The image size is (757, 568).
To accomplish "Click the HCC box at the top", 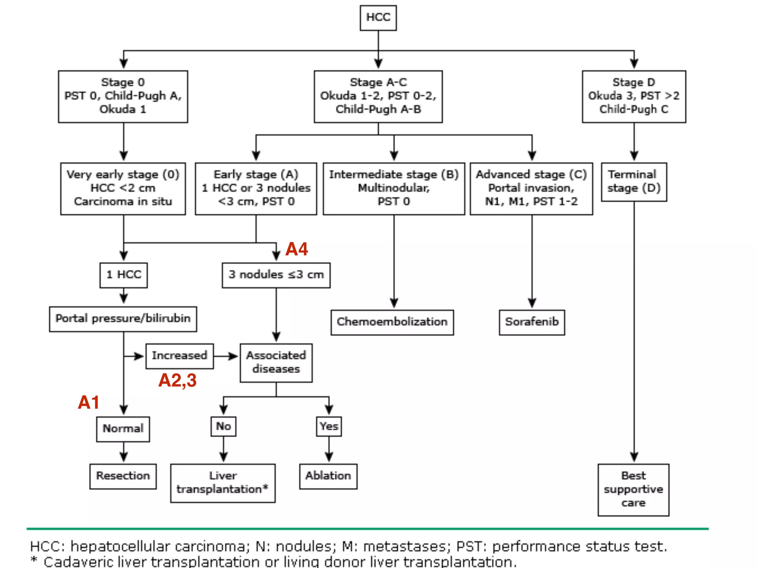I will [378, 18].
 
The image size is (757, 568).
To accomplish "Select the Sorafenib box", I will [532, 322].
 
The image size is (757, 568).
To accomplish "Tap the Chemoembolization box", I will [392, 322].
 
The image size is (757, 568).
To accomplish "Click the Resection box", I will [123, 476].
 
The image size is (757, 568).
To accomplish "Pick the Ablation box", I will [328, 476].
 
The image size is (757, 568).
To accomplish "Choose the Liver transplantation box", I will [223, 483].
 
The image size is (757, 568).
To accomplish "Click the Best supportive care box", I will [633, 489].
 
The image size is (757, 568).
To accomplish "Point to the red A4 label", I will [296, 249].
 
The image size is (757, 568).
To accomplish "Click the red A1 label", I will [89, 402].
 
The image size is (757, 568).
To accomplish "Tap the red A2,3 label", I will [177, 380].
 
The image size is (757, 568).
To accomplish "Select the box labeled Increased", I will [179, 356].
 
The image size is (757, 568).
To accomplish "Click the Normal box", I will [123, 429].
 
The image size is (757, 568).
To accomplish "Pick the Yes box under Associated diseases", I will [329, 426].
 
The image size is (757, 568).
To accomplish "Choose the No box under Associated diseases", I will [223, 426].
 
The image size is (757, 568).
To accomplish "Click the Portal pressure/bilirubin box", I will [123, 319].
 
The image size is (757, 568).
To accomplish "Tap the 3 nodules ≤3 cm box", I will [276, 275].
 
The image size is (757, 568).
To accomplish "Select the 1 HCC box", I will [123, 275].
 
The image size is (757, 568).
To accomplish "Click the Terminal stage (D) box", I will [634, 182].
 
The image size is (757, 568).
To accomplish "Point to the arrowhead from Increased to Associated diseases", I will [234, 356].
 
